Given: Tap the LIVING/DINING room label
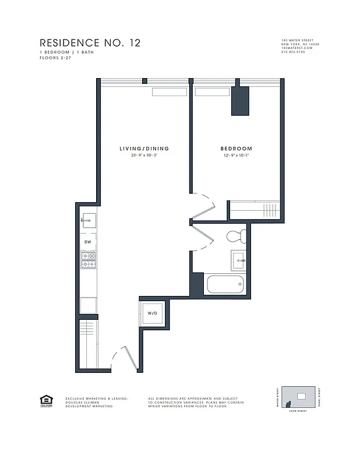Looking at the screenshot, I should click(144, 149).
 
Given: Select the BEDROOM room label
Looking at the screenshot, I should click(237, 149).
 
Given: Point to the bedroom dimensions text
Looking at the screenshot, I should click(237, 156).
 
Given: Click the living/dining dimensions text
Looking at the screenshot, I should click(144, 156).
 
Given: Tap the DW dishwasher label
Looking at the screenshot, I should click(88, 242).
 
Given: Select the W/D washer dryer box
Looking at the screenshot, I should click(153, 313).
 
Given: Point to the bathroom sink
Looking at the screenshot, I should click(239, 259).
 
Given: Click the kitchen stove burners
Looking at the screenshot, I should click(88, 260).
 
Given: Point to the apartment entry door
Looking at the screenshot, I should click(125, 356).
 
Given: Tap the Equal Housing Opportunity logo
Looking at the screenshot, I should click(45, 400).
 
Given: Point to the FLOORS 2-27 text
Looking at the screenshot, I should click(56, 57).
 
